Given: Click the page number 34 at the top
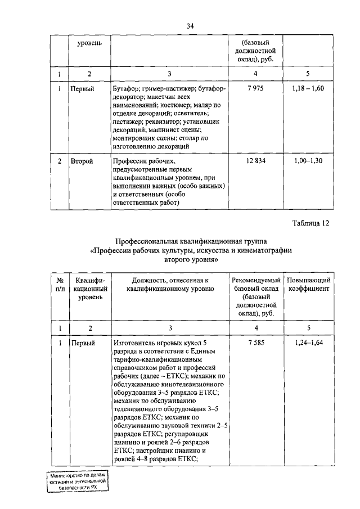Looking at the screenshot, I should click(190, 25).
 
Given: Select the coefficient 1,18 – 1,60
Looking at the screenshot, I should click(308, 89).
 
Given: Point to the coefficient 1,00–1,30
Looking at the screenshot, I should click(308, 161).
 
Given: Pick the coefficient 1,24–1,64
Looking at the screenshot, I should click(308, 343).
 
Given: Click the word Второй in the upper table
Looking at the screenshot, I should click(82, 161).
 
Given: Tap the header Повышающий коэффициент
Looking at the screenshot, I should click(308, 284).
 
